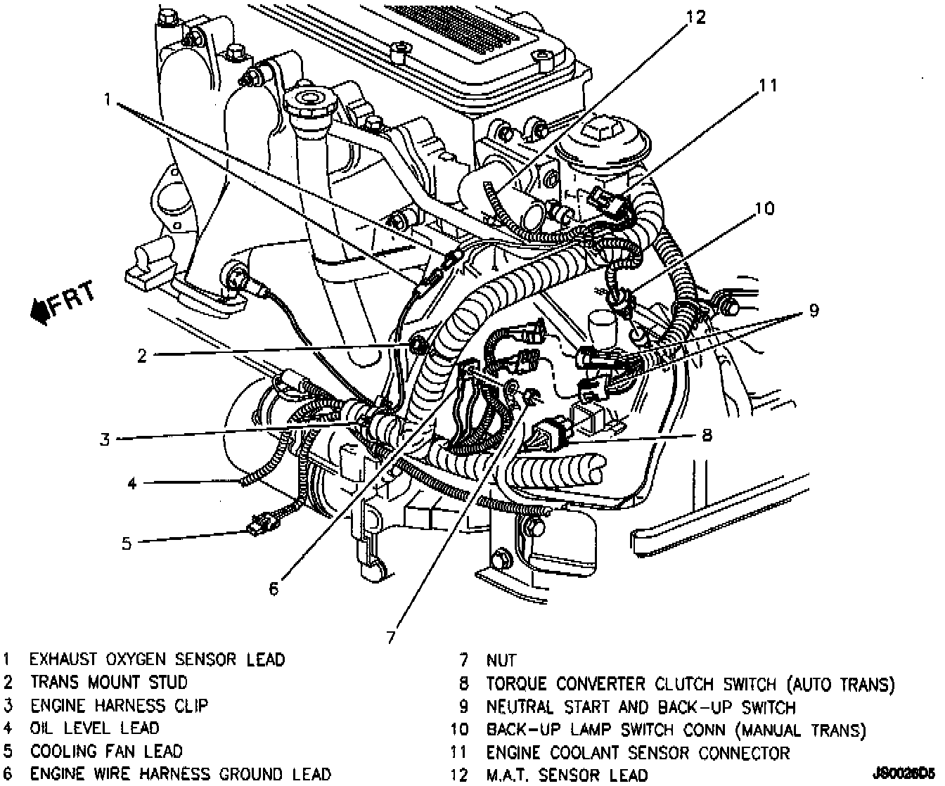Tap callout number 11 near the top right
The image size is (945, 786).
768,85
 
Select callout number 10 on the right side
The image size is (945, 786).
764,208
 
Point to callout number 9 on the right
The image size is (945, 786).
814,310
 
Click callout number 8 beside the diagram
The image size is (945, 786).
706,435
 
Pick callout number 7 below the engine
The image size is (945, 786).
390,637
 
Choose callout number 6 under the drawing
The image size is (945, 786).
274,588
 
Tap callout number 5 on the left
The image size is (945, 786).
127,543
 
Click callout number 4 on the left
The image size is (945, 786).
131,483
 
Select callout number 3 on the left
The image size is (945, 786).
105,439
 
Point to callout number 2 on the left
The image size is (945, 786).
141,356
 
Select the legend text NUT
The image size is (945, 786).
501,660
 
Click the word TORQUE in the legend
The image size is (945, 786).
517,683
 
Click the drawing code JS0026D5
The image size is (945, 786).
903,774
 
